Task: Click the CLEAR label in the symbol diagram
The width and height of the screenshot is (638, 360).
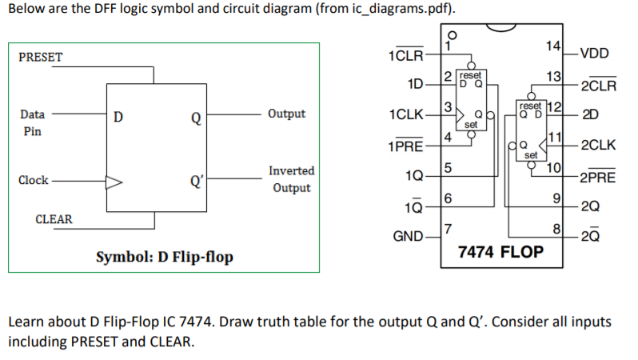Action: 54,218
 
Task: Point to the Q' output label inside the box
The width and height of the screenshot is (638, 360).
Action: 194,180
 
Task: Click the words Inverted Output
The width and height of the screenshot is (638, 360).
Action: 291,179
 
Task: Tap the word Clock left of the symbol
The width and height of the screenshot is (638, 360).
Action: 33,180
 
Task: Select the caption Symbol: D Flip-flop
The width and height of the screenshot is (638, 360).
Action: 164,257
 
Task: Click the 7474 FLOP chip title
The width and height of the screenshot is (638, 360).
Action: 500,253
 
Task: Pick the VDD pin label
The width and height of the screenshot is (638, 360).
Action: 594,54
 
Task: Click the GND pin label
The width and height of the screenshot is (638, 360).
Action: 409,238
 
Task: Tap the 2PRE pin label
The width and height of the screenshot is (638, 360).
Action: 597,177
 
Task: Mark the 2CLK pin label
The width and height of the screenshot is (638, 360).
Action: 597,146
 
